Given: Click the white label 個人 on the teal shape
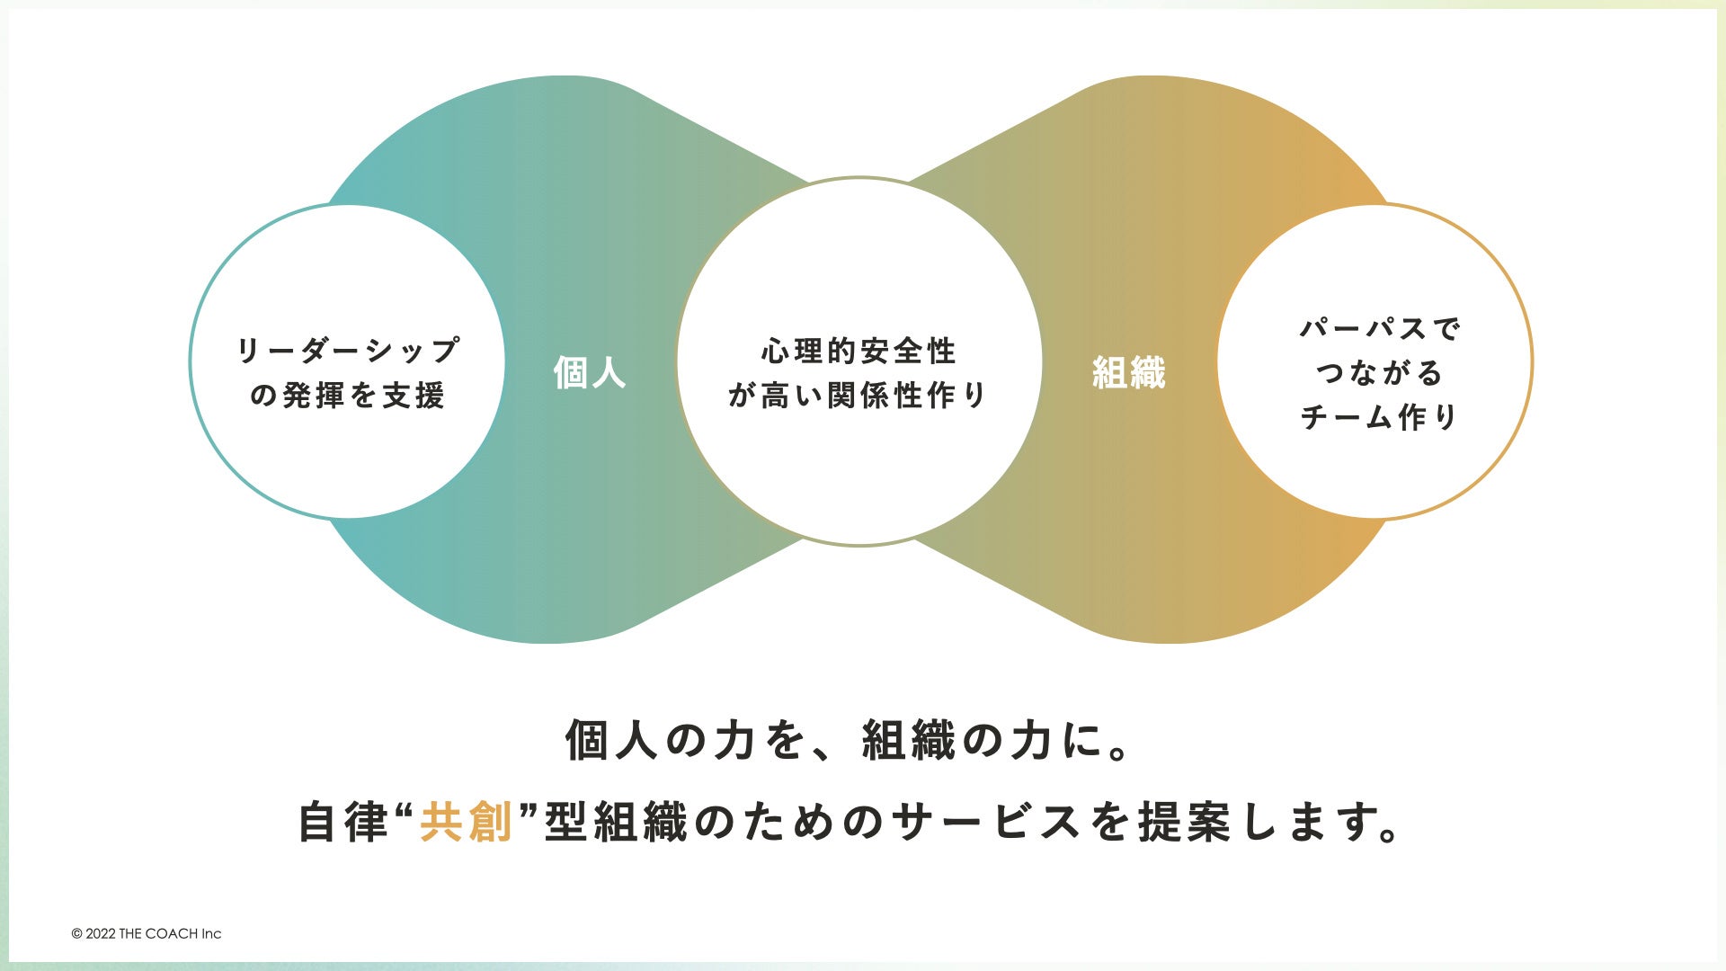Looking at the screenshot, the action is tap(590, 372).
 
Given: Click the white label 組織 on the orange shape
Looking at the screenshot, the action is tap(1128, 372).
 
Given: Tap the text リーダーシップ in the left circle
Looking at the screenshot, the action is tap(348, 350).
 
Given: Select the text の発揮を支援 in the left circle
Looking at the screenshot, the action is tap(348, 396).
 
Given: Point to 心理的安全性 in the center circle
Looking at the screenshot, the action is tap(859, 351).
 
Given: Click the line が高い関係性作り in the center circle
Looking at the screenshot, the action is tap(859, 396).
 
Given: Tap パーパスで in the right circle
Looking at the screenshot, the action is tap(1380, 328).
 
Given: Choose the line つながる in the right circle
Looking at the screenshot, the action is tap(1379, 372).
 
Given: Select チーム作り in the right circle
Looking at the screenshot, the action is tap(1379, 417).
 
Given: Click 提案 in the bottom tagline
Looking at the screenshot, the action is tap(1185, 823).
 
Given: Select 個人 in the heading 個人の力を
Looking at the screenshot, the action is tap(611, 742).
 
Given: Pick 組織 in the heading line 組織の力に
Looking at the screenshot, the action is tap(908, 742).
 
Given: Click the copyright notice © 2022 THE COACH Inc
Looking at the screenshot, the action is tap(147, 934).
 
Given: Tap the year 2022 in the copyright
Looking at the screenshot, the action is tap(101, 934).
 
